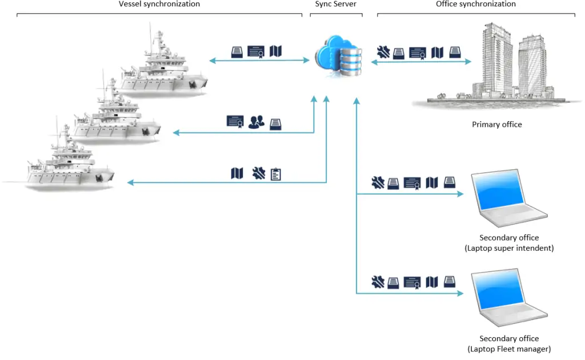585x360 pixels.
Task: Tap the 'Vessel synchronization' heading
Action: click(x=159, y=4)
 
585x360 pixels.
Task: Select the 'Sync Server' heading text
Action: click(x=336, y=4)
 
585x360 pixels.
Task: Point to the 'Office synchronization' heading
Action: click(x=476, y=4)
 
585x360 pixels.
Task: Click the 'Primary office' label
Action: click(x=496, y=125)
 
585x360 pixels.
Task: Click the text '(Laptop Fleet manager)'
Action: click(x=509, y=349)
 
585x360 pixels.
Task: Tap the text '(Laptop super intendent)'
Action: click(x=509, y=248)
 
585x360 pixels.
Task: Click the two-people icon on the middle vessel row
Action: click(x=257, y=122)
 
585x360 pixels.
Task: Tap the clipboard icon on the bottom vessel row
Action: click(x=275, y=174)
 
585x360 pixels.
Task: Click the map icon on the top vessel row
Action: click(x=275, y=51)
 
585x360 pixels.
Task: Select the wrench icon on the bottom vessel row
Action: click(x=258, y=173)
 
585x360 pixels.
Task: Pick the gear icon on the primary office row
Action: click(x=383, y=53)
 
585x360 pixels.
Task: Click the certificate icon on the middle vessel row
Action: click(x=235, y=122)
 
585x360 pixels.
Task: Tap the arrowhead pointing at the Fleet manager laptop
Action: click(x=460, y=294)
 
